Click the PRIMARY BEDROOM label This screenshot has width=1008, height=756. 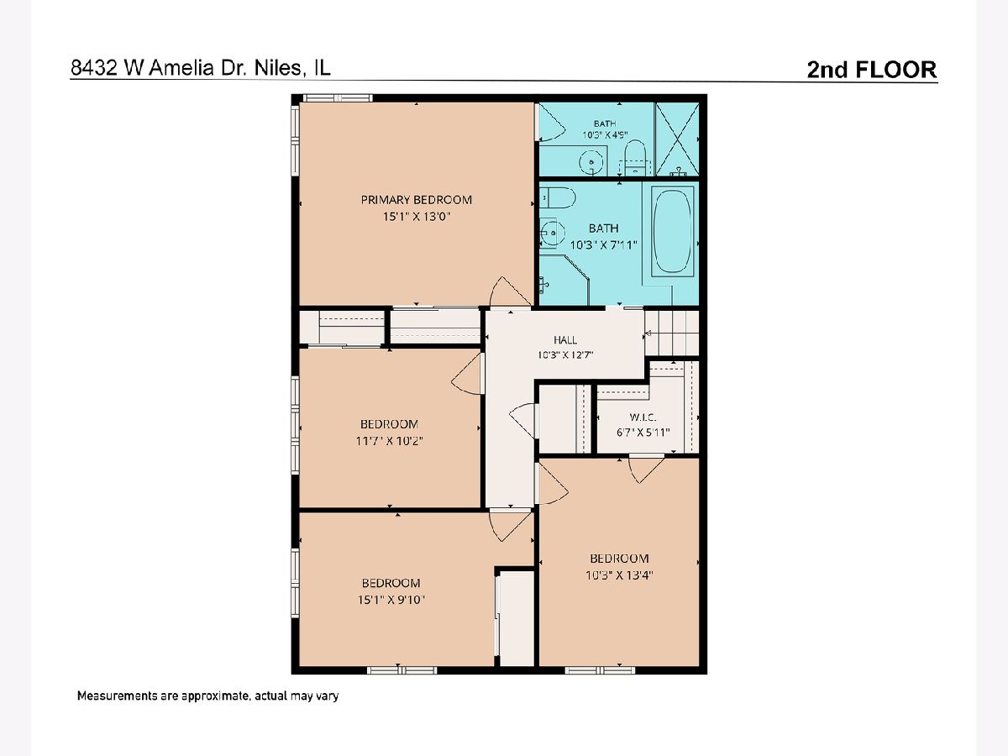tap(416, 200)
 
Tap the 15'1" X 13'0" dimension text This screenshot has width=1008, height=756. tap(417, 216)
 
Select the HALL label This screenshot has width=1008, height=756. tap(565, 340)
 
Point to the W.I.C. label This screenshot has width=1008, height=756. tap(643, 417)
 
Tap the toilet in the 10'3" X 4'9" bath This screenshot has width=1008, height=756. tap(636, 157)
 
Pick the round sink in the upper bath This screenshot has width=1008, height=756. tap(592, 162)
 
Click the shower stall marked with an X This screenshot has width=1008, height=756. tap(677, 139)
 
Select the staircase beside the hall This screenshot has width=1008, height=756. tap(672, 333)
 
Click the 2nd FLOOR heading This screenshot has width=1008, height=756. tap(872, 70)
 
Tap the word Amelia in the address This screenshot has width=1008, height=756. tap(181, 68)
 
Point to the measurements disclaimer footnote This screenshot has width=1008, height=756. tap(207, 696)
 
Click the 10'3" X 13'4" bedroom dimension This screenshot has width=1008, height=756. tap(619, 575)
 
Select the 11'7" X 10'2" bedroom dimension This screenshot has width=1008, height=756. tap(389, 441)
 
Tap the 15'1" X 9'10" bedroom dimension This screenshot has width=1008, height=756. tap(391, 600)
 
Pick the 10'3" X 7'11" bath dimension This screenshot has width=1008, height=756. tap(603, 245)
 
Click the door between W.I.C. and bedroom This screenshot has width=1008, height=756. tap(646, 468)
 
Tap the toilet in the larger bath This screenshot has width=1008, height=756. tap(557, 198)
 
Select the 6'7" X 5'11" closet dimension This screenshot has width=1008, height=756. tap(643, 433)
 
